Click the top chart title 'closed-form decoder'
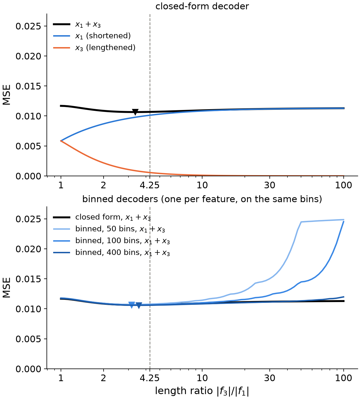click(x=202, y=6)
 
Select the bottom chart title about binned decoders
click(x=202, y=199)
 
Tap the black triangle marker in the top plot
click(x=135, y=112)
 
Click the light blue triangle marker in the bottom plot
click(x=132, y=305)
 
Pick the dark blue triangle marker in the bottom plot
click(x=139, y=306)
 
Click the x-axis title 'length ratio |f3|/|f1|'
click(x=202, y=391)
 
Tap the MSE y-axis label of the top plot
click(x=7, y=95)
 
